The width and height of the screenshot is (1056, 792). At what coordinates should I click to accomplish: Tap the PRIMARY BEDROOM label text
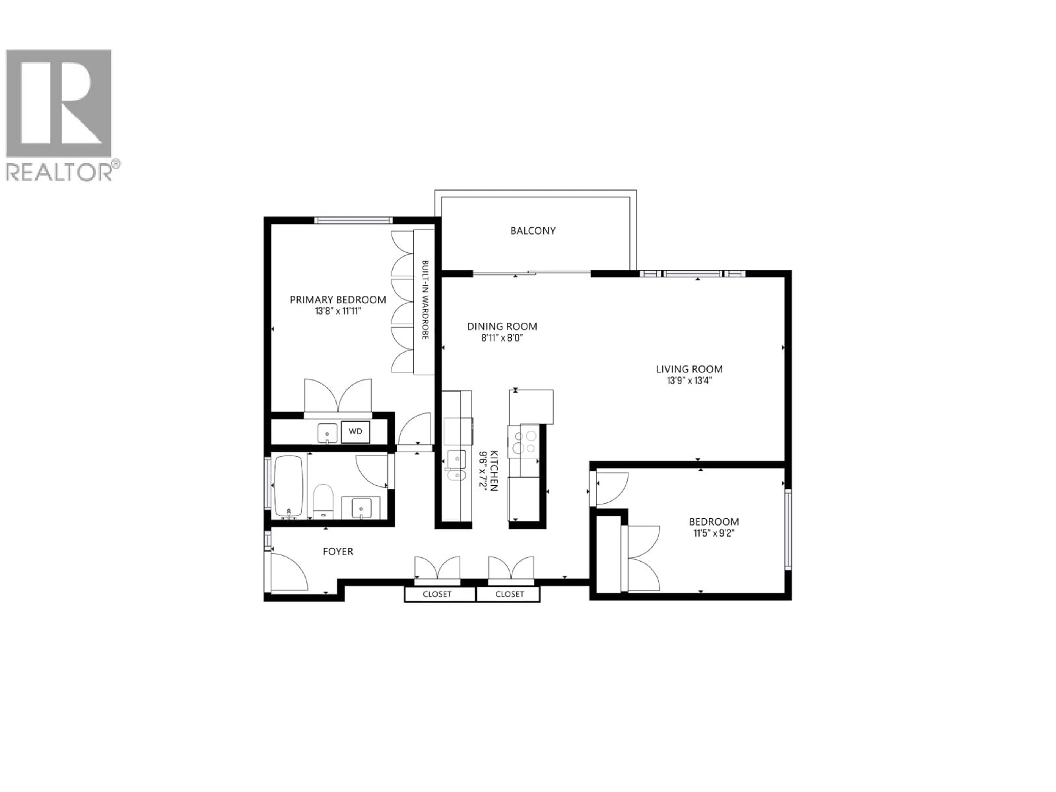pyautogui.click(x=338, y=300)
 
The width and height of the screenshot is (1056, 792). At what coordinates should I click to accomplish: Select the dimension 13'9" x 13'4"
pyautogui.click(x=689, y=381)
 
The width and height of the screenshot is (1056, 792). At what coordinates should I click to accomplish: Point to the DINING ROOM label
pyautogui.click(x=502, y=326)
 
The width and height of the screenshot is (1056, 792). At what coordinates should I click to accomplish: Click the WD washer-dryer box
pyautogui.click(x=355, y=431)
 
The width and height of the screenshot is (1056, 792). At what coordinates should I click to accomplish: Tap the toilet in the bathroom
pyautogui.click(x=323, y=500)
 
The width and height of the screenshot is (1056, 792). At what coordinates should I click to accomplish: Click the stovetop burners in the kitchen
pyautogui.click(x=524, y=442)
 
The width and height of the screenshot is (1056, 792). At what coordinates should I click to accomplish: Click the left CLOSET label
pyautogui.click(x=437, y=594)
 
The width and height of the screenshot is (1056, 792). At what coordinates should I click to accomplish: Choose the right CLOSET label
pyautogui.click(x=509, y=594)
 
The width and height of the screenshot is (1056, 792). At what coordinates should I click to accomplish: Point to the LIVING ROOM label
pyautogui.click(x=689, y=369)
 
